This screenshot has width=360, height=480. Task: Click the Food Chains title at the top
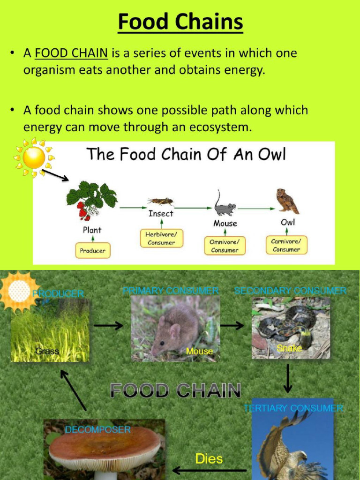click(180, 22)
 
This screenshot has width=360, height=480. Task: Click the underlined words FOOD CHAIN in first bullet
click(71, 53)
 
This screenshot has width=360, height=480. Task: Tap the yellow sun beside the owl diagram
click(34, 157)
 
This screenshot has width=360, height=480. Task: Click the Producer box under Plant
click(92, 251)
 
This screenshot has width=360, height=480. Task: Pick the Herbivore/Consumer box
click(161, 238)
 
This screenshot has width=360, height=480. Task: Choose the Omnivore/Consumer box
click(225, 246)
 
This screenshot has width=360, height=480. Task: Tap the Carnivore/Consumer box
click(286, 245)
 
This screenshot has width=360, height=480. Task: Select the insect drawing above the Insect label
click(161, 202)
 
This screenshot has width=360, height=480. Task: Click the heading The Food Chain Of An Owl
click(186, 154)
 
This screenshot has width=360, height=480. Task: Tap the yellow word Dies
click(209, 458)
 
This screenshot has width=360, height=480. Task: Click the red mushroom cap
click(104, 445)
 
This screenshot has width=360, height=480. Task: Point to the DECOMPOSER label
click(97, 429)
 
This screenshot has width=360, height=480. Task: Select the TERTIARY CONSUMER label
click(293, 408)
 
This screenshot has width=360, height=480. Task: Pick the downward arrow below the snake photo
click(288, 378)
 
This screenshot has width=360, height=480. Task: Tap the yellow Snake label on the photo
click(289, 348)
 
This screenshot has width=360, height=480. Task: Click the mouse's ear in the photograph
click(175, 331)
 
